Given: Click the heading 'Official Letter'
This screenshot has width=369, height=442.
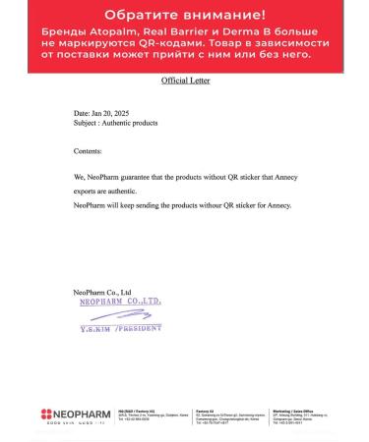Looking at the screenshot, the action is pos(185,81).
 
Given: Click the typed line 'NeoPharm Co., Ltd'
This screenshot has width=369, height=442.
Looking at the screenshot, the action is pos(101,293).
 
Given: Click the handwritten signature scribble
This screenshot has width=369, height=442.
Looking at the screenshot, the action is pos(103,317).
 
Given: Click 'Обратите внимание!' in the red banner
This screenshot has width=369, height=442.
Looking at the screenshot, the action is pos(184,16).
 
